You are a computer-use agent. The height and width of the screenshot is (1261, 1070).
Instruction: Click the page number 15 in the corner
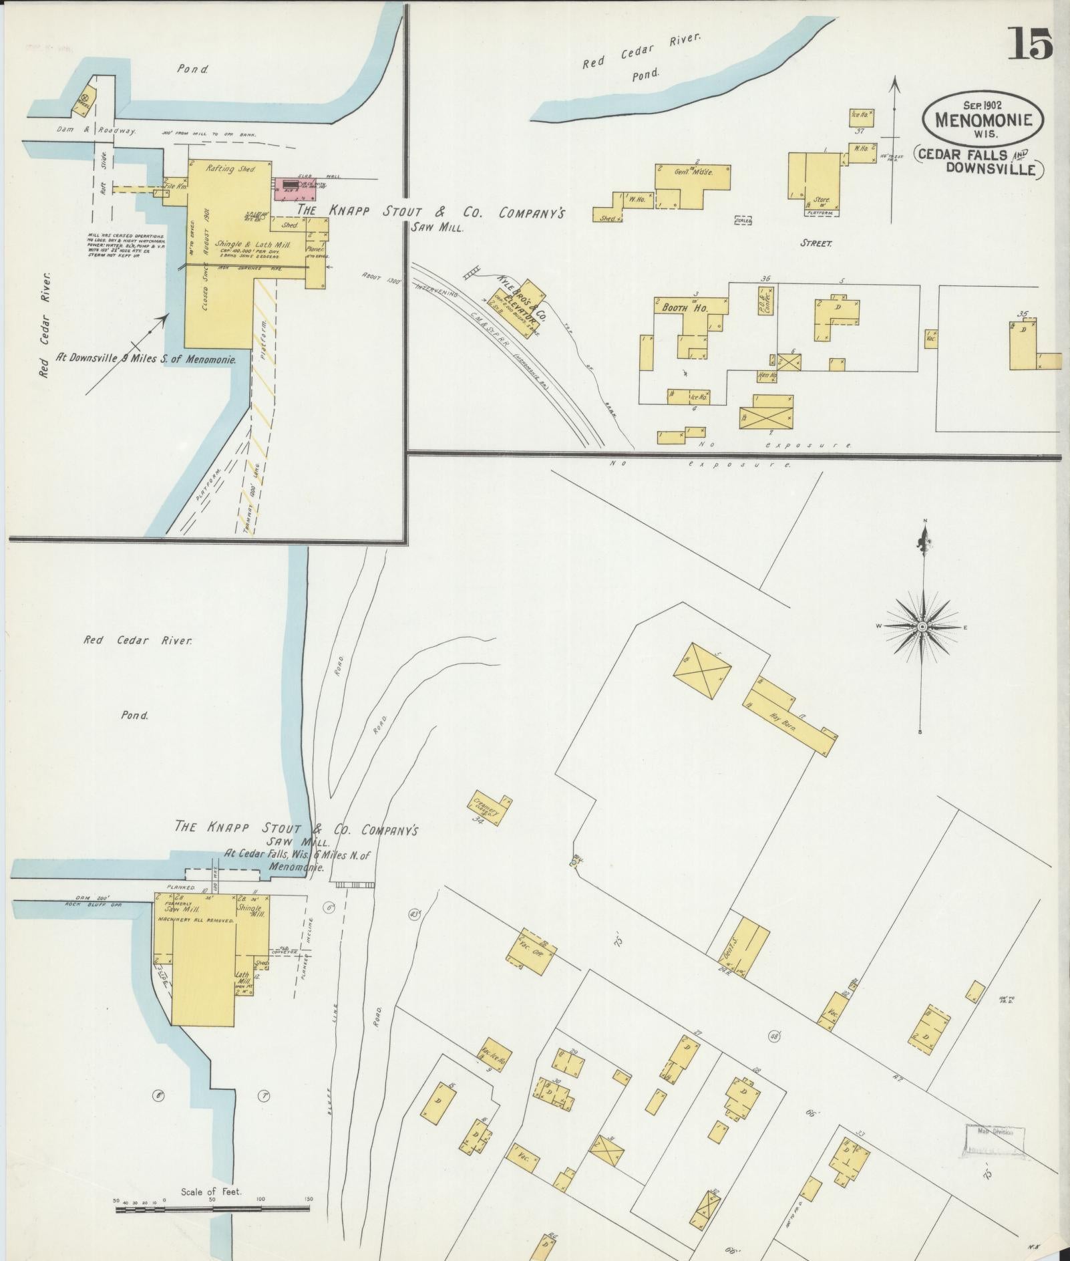click(1031, 44)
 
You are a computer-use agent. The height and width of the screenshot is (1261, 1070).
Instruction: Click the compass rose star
click(922, 626)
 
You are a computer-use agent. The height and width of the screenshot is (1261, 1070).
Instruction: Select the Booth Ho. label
click(685, 309)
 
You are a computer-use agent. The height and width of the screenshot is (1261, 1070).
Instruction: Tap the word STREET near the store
click(816, 243)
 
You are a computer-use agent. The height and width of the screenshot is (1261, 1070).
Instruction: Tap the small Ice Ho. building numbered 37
click(860, 116)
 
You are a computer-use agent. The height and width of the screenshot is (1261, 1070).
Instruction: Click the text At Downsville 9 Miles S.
click(146, 359)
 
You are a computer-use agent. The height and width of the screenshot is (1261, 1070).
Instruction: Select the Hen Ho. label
click(767, 376)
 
